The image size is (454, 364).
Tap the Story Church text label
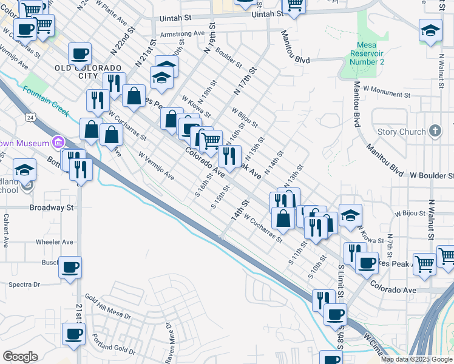point(401,132)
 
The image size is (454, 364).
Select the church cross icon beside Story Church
point(435,130)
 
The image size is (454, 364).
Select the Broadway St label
point(51,207)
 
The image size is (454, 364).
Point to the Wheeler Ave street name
point(54,241)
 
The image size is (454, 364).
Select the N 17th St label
point(245,81)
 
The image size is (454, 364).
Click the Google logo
point(20,357)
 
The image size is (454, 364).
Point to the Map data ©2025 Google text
point(416,359)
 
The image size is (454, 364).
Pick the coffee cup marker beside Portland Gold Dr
point(74,334)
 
